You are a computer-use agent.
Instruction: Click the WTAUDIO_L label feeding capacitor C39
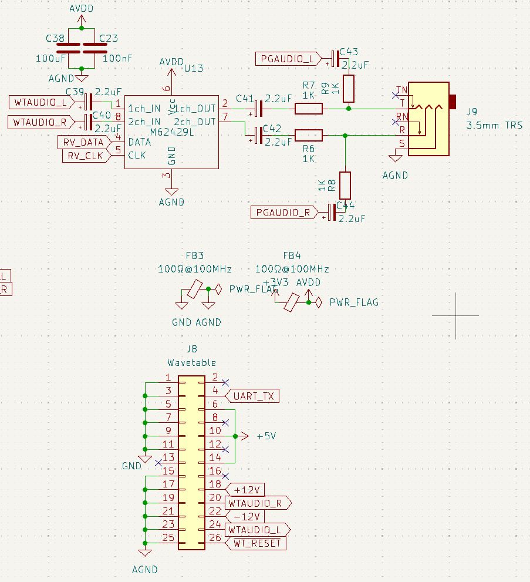[40, 103]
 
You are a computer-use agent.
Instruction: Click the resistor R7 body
[308, 108]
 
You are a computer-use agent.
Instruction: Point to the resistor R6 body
[308, 136]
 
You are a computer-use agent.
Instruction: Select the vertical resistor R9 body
[349, 89]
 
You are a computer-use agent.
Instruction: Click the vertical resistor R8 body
[345, 185]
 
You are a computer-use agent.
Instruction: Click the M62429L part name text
[173, 133]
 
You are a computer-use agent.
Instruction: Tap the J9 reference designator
[471, 112]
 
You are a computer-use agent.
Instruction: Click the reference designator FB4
[292, 255]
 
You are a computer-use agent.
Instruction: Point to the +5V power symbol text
[266, 436]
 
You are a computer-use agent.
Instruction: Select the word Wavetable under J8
[191, 362]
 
